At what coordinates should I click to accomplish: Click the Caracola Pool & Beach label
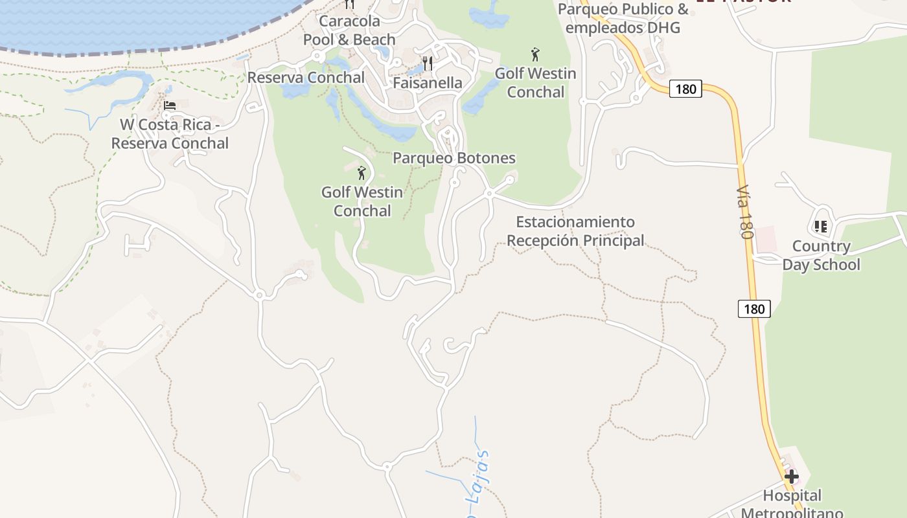click(x=349, y=30)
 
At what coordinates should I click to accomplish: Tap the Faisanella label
click(x=428, y=83)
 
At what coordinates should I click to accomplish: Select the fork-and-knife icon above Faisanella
click(x=427, y=63)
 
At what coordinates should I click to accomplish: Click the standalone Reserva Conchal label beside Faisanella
click(x=306, y=78)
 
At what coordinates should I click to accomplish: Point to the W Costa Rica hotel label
click(x=170, y=134)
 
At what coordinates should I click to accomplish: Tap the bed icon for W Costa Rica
click(x=170, y=106)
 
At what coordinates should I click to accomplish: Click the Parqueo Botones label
click(x=454, y=158)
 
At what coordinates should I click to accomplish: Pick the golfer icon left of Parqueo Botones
click(x=362, y=173)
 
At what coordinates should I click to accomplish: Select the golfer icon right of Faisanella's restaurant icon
click(x=535, y=54)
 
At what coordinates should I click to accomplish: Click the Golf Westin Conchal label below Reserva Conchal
click(x=362, y=201)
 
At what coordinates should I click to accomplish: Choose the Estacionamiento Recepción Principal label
click(x=575, y=231)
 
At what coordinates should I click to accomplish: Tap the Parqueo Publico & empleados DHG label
click(x=623, y=18)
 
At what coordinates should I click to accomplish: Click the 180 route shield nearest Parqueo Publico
click(x=685, y=89)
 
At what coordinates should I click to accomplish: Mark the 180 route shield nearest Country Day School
click(x=754, y=309)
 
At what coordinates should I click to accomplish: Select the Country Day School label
click(x=821, y=255)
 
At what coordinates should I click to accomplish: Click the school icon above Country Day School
click(x=821, y=227)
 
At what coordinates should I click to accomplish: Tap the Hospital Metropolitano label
click(x=792, y=504)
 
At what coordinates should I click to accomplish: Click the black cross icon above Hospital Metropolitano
click(x=791, y=477)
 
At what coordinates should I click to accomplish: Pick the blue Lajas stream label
click(x=480, y=479)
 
